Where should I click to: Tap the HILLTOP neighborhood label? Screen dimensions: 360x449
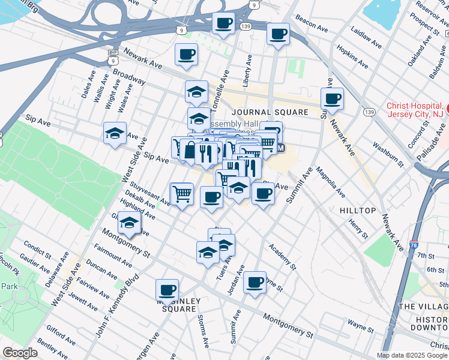coord(358,211)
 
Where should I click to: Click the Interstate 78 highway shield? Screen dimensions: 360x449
coord(414,245)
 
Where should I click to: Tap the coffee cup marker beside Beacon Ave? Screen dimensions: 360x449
coord(277,34)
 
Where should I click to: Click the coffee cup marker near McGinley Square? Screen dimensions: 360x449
coord(167,290)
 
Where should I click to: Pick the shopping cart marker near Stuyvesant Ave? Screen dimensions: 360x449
coord(182,193)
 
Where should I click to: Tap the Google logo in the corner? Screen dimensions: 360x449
coord(20,353)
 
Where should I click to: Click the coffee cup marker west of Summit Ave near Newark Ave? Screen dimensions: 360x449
coord(331,99)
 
